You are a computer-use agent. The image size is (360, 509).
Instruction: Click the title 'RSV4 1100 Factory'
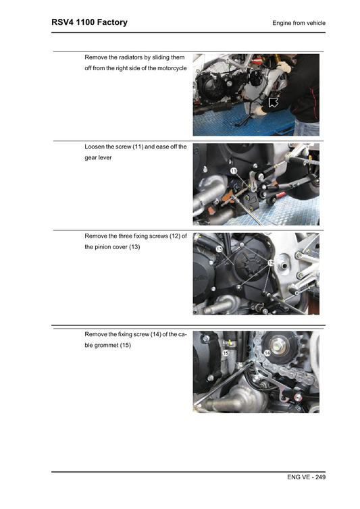coord(89,22)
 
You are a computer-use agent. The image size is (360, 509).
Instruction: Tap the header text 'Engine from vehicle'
coord(299,23)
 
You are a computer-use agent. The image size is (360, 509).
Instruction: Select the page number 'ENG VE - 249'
coord(306,477)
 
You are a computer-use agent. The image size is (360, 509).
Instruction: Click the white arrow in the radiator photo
coord(274,103)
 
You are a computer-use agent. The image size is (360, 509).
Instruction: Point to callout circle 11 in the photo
coord(233,172)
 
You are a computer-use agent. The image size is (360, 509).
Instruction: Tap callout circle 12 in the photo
coord(269,262)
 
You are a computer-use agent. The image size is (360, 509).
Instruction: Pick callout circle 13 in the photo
coord(220,249)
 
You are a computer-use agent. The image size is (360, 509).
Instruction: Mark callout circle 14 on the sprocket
coord(267,353)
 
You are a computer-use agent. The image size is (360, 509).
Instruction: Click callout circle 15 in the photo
coord(226,352)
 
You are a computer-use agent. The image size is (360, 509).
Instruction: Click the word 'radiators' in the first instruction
coord(128,57)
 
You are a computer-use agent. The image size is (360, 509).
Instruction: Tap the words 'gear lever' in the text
coord(98,157)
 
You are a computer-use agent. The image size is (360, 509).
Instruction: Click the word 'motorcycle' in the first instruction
coord(170,68)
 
